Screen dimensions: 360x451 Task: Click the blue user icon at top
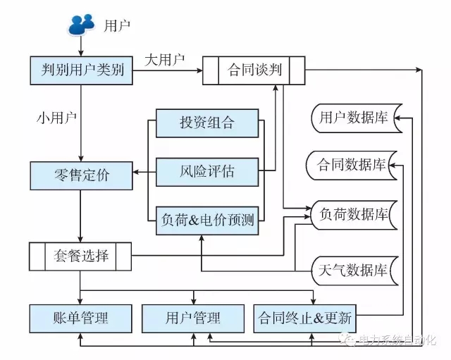81,25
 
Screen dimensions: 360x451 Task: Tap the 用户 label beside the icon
117,27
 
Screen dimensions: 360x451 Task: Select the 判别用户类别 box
82,70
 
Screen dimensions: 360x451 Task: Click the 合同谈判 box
254,70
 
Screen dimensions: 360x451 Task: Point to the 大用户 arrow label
164,60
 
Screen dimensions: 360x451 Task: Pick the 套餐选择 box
81,256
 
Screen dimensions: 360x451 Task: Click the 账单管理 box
81,318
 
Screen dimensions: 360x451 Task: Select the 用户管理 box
192,318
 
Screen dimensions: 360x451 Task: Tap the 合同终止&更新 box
304,318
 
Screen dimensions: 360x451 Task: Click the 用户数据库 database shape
352,118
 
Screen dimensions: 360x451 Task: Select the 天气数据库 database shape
352,271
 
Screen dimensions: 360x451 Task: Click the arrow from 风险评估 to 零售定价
144,171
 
